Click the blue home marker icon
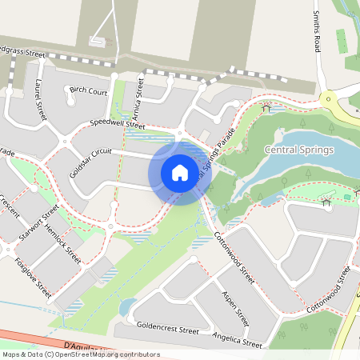(x=180, y=172)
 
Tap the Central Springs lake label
(x=299, y=150)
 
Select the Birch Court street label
(x=88, y=90)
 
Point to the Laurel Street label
(x=40, y=99)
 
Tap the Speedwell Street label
(x=118, y=124)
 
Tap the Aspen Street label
(x=237, y=310)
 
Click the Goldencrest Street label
(x=168, y=329)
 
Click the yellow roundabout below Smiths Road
(x=329, y=99)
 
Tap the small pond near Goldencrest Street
(x=126, y=306)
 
